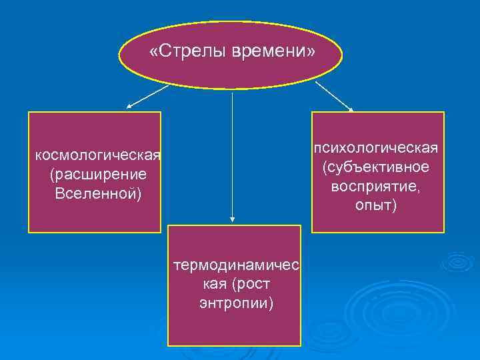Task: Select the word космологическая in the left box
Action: click(97, 156)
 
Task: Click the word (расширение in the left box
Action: click(97, 175)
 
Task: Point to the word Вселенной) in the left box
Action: click(97, 193)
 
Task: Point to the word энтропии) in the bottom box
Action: click(236, 303)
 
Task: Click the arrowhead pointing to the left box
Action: click(129, 105)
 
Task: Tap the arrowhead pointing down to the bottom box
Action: click(232, 217)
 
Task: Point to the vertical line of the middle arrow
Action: click(232, 153)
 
